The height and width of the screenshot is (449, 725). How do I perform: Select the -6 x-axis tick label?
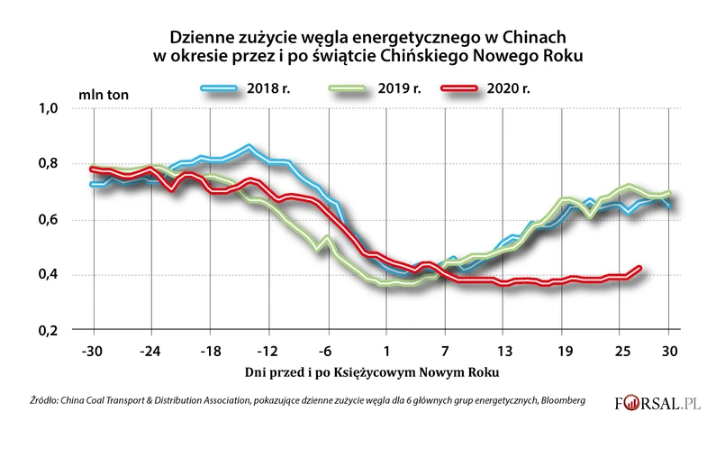pos(328,349)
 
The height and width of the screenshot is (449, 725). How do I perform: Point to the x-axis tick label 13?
pos(505,349)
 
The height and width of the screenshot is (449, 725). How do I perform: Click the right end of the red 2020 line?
pos(639,268)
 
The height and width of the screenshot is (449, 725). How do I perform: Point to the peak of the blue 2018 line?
pos(249,145)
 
